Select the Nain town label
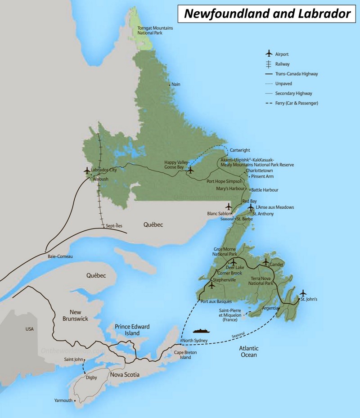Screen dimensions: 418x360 pos(175,84)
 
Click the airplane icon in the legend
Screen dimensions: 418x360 pos(269,54)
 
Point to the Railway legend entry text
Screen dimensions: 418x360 pos(283,64)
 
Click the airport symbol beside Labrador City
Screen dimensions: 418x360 pos(87,171)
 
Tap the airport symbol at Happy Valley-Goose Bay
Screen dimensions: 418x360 pos(190,170)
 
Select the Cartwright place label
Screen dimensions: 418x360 pos(240,150)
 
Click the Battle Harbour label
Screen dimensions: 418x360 pos(265,190)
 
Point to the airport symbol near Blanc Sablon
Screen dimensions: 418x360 pos(229,206)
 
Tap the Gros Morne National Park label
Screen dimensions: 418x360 pos(225,252)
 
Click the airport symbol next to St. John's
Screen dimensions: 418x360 pos(303,292)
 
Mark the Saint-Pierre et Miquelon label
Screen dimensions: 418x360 pos(229,315)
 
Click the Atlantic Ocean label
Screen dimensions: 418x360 pos(248,351)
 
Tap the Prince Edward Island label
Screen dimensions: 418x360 pos(132,330)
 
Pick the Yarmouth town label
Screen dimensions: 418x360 pos(63,400)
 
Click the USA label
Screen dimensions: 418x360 pos(29,329)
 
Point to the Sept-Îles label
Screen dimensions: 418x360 pos(113,225)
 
